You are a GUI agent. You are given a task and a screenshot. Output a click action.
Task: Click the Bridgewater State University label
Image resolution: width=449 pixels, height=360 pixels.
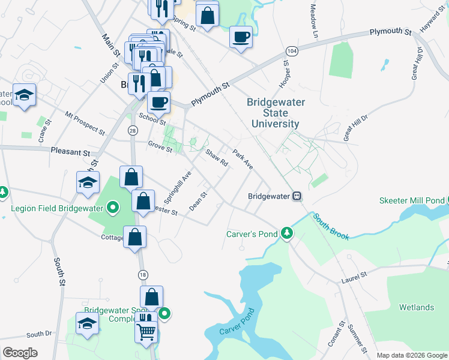click(x=276, y=113)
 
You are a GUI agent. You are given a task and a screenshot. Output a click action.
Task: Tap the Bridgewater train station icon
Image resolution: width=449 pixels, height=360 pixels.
click(x=297, y=196)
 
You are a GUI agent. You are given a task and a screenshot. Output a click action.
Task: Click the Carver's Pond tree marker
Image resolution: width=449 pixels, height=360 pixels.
click(x=288, y=233)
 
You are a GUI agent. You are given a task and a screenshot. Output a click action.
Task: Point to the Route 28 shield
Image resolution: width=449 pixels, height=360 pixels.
click(x=132, y=130)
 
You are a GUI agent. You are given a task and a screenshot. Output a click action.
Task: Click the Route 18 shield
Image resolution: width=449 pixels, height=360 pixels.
click(x=142, y=274)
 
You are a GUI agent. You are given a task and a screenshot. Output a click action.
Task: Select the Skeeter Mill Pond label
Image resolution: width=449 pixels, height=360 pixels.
click(x=412, y=200)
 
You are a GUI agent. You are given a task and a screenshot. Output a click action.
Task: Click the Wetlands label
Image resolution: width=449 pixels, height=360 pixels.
click(x=417, y=308)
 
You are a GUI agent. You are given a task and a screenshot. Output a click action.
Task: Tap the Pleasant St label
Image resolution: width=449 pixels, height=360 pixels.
click(x=70, y=152)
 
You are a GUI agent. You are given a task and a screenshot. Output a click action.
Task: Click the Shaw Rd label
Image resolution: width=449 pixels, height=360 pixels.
click(x=218, y=158)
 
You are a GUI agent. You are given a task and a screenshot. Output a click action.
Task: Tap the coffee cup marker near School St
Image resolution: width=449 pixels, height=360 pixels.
click(x=158, y=103)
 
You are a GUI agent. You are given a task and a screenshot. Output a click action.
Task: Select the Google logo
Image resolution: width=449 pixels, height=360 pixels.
click(x=20, y=353)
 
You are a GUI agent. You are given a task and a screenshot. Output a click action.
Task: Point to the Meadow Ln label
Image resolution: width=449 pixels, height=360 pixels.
click(x=313, y=23)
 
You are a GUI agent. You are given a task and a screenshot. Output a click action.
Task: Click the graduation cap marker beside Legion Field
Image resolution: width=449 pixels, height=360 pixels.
click(x=88, y=183)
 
